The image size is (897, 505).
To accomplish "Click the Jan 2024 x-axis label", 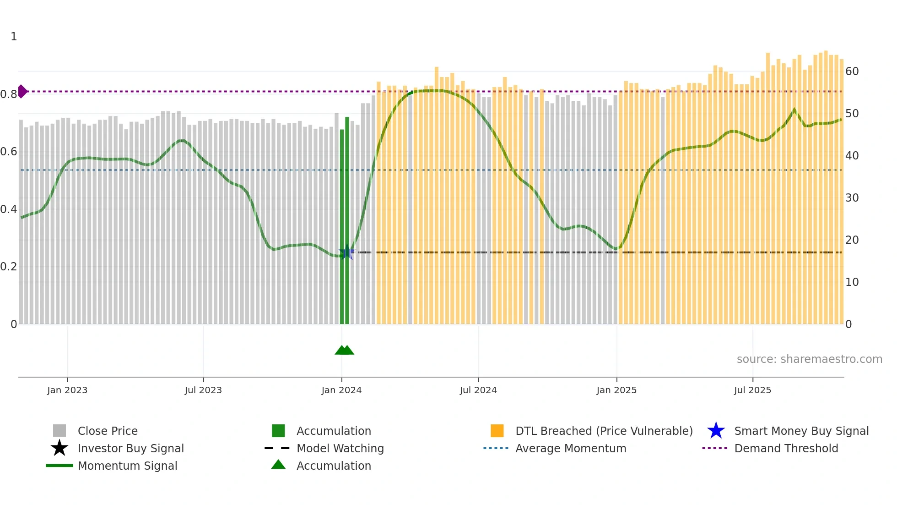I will point(341,390).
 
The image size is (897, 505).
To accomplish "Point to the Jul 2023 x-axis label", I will point(203,390).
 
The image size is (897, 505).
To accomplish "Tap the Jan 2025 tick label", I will point(616,390).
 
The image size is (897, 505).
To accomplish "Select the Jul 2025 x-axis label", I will point(752,390).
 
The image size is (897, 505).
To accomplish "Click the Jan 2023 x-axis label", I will point(67,390).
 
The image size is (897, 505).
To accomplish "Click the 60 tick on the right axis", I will point(852,71).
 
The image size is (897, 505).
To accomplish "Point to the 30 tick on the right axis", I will point(852,198).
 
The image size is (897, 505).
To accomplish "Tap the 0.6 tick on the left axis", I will point(9,152).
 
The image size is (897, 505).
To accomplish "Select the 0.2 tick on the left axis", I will point(9,267).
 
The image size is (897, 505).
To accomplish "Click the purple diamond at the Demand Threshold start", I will point(22,92).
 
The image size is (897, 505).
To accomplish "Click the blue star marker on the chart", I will point(347,252).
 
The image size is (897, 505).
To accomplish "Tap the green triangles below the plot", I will point(345,351).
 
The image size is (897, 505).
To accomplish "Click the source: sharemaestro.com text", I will point(809,359).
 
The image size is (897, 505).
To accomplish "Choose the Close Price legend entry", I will point(108,431).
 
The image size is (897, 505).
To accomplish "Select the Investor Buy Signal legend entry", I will point(130,449).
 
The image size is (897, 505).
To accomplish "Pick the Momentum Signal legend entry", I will point(127,466).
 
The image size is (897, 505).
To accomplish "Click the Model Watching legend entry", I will point(340,449).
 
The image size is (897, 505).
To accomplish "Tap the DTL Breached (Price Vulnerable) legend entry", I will point(604,431).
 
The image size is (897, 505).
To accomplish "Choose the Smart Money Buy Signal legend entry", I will point(801,431).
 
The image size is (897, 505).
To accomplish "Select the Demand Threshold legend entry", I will point(786,449).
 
